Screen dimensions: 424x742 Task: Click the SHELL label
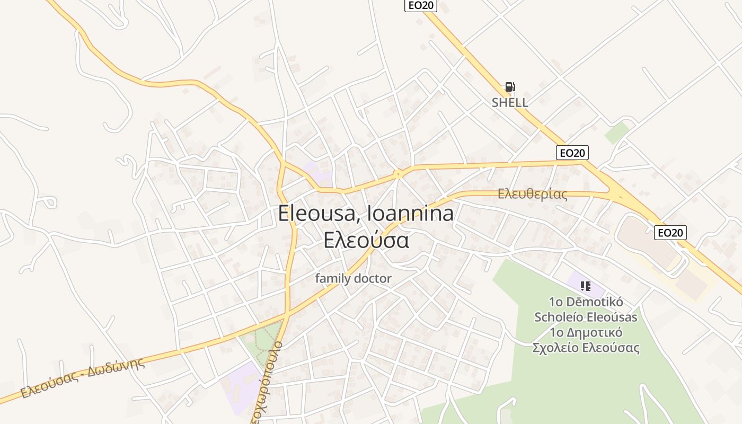pos(509,102)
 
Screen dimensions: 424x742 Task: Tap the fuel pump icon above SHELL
pos(509,87)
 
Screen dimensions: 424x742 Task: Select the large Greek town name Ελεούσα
pos(366,240)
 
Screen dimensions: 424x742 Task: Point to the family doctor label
pos(353,278)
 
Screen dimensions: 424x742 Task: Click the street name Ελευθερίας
pos(532,194)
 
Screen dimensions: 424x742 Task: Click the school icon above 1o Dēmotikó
pos(585,286)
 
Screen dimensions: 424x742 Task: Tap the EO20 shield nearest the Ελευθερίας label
pos(572,153)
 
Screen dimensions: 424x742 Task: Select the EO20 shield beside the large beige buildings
pos(670,232)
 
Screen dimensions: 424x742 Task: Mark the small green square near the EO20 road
pos(617,132)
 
